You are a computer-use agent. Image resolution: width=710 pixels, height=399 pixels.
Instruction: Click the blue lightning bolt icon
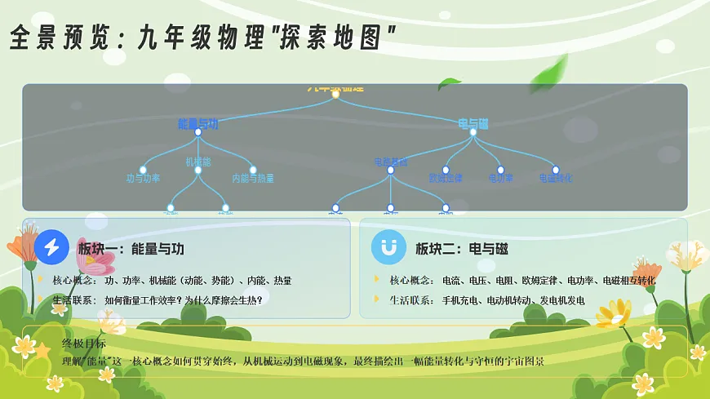pyautogui.click(x=52, y=247)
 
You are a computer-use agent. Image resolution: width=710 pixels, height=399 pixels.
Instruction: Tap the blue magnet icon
pyautogui.click(x=388, y=247)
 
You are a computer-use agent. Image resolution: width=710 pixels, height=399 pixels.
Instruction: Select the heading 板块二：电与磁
pyautogui.click(x=462, y=249)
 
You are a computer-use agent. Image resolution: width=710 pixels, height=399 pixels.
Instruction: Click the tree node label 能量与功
pyautogui.click(x=197, y=123)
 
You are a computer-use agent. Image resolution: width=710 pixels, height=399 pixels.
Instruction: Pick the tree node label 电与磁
pyautogui.click(x=473, y=123)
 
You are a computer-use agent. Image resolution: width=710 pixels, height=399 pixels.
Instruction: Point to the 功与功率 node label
pyautogui.click(x=143, y=178)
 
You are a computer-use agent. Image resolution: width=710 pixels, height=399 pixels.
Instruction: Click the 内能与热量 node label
pyautogui.click(x=253, y=178)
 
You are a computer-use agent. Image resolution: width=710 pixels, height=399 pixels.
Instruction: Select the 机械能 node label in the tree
pyautogui.click(x=197, y=162)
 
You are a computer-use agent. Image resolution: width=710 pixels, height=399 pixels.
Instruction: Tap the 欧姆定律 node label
pyautogui.click(x=446, y=178)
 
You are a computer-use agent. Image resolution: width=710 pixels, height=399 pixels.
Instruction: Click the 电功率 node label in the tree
pyautogui.click(x=501, y=178)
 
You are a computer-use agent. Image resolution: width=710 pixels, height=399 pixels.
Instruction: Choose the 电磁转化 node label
pyautogui.click(x=556, y=178)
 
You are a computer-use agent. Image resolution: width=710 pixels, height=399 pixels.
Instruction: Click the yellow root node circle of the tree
pyautogui.click(x=335, y=94)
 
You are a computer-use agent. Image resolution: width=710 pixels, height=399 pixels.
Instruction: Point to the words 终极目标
pyautogui.click(x=84, y=344)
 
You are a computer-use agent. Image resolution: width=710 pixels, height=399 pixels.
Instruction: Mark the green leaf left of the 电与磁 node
pyautogui.click(x=449, y=83)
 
